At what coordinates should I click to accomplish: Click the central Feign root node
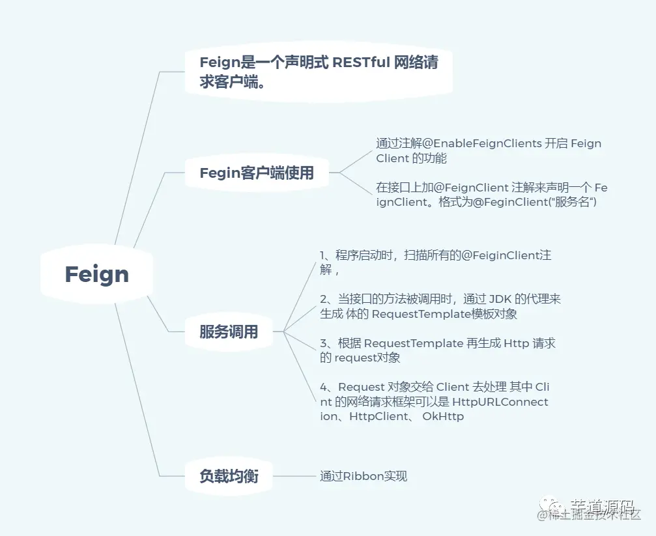click(96, 274)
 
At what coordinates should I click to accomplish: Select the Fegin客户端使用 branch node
click(256, 173)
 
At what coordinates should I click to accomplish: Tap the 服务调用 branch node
click(228, 332)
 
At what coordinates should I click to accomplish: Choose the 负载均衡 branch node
click(228, 476)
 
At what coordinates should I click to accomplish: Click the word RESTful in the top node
click(362, 63)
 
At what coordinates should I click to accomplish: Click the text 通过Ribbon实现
click(363, 476)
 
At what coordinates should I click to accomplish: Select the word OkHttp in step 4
click(443, 416)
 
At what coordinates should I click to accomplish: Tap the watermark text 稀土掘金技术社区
click(593, 516)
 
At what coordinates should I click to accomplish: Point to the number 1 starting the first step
click(323, 255)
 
